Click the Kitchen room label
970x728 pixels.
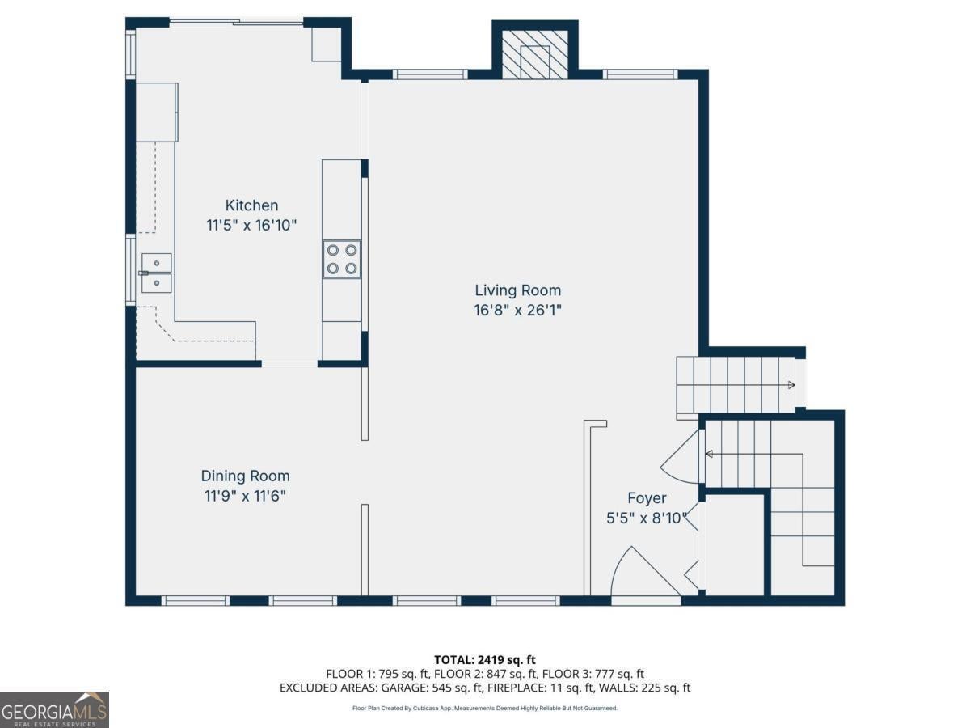(x=251, y=205)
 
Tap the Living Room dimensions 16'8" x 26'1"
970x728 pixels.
(x=517, y=311)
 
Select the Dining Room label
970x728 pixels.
(x=245, y=476)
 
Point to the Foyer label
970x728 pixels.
(x=647, y=498)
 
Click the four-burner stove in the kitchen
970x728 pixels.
(x=342, y=259)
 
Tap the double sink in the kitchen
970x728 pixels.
(x=157, y=273)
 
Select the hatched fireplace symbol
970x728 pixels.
(x=535, y=55)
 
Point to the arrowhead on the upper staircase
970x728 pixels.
(x=791, y=385)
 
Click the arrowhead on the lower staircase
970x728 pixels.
(x=709, y=454)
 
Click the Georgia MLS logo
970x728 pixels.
(x=54, y=709)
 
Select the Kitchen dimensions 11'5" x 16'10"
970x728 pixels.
(x=251, y=226)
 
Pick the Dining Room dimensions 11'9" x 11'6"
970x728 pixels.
(x=245, y=496)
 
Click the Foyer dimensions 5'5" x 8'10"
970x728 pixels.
(x=647, y=518)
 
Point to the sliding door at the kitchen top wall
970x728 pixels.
(x=236, y=21)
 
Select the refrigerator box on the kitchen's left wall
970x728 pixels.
(x=157, y=112)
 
